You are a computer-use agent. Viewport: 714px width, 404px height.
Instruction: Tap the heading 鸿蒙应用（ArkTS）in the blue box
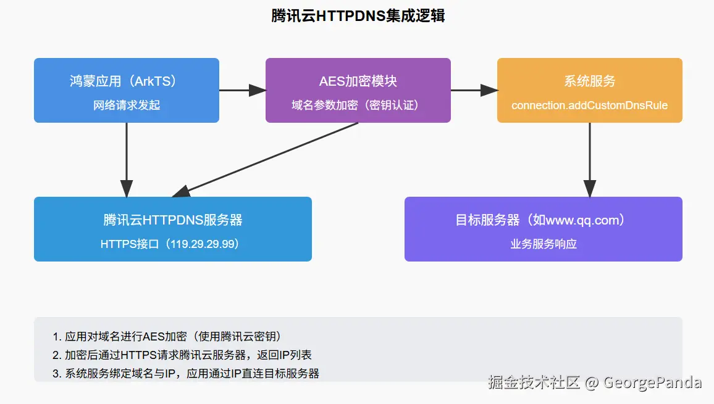(x=127, y=81)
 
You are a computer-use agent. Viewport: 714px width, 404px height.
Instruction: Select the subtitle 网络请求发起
(x=127, y=105)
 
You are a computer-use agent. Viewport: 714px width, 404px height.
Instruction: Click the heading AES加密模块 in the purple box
(x=358, y=81)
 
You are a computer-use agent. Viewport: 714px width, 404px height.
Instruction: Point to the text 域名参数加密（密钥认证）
(x=358, y=105)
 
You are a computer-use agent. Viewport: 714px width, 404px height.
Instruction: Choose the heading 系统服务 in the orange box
(x=589, y=81)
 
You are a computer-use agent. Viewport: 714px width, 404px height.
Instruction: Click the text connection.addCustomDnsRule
(x=589, y=105)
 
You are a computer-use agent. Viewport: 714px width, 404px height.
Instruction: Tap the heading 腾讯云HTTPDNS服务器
(x=173, y=220)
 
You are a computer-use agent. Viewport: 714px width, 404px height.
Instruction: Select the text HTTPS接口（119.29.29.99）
(x=173, y=244)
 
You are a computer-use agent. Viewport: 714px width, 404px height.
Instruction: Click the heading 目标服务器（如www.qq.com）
(x=543, y=220)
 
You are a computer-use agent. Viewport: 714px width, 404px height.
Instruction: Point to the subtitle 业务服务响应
(x=543, y=244)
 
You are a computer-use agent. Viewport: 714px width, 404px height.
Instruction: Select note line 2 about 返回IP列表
(x=182, y=355)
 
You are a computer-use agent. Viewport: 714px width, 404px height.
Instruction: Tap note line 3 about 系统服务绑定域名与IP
(x=186, y=373)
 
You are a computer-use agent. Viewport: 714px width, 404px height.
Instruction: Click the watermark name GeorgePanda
(x=652, y=382)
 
